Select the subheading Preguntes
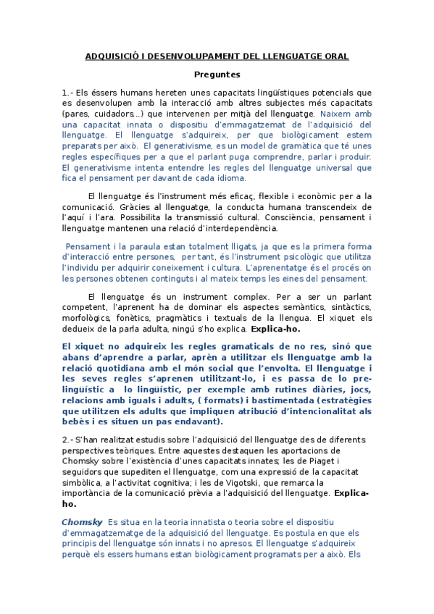click(x=217, y=74)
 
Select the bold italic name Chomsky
click(x=81, y=522)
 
